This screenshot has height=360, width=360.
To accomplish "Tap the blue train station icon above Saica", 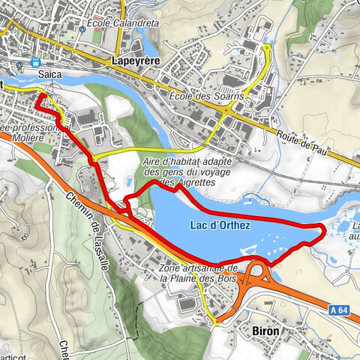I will click(x=35, y=64).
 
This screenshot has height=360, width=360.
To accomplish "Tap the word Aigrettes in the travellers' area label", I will click(x=189, y=182).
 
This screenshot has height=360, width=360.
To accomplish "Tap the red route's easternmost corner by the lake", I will click(x=324, y=228).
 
